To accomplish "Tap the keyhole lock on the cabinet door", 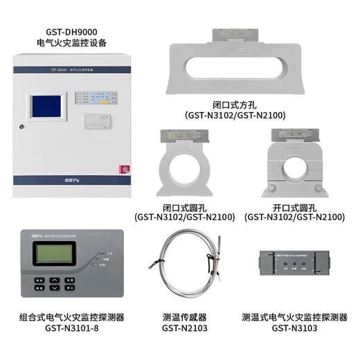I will click(x=24, y=127).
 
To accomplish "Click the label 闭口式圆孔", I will click(x=185, y=206).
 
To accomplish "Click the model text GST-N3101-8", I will click(x=72, y=330).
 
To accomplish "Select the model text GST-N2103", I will click(x=183, y=330).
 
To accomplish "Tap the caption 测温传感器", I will click(x=183, y=318).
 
